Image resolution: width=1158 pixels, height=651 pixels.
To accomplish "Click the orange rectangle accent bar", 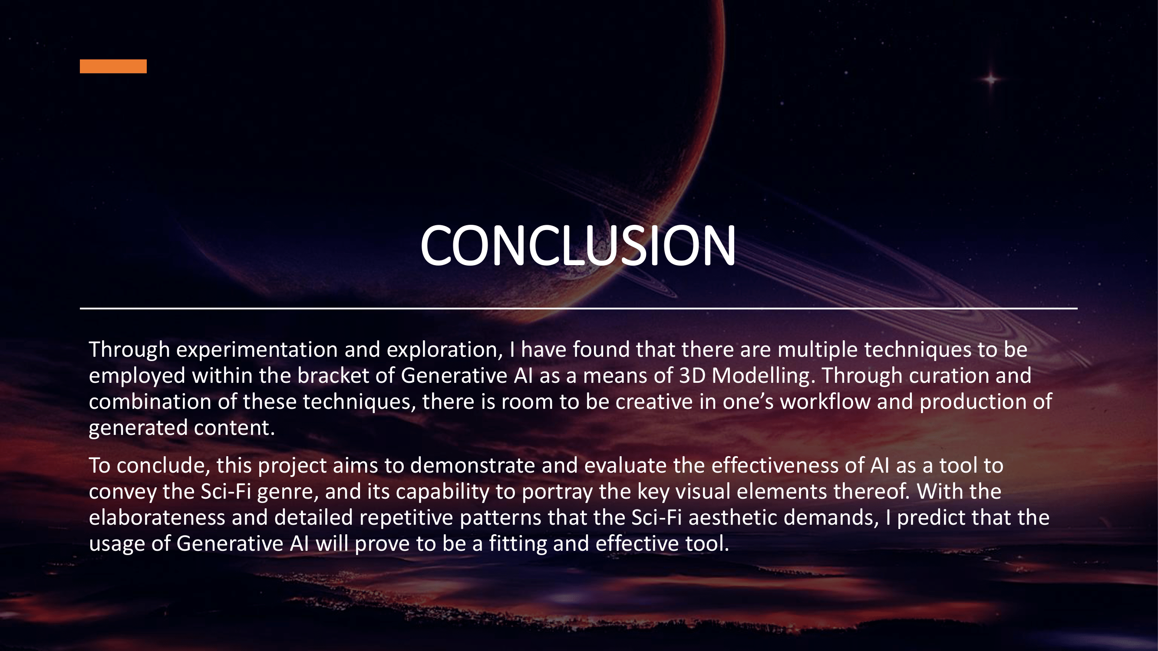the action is [113, 66].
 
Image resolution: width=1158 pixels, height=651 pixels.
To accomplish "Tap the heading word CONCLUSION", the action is [578, 246].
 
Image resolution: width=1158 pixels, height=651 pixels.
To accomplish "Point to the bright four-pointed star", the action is [991, 79].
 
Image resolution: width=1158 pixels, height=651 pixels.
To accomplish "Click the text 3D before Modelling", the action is [692, 375].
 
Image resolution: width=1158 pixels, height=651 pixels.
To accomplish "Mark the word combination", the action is [150, 401].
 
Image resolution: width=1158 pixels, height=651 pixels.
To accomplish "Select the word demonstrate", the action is [472, 465].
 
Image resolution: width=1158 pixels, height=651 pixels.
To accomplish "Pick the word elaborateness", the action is [157, 518].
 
